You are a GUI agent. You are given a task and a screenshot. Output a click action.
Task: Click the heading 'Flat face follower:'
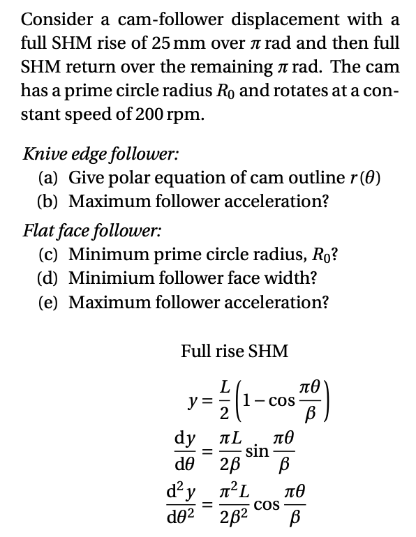(83, 229)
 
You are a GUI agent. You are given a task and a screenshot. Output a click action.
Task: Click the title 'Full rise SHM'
(234, 351)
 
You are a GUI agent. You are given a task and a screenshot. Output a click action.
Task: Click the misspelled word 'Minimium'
(112, 278)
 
